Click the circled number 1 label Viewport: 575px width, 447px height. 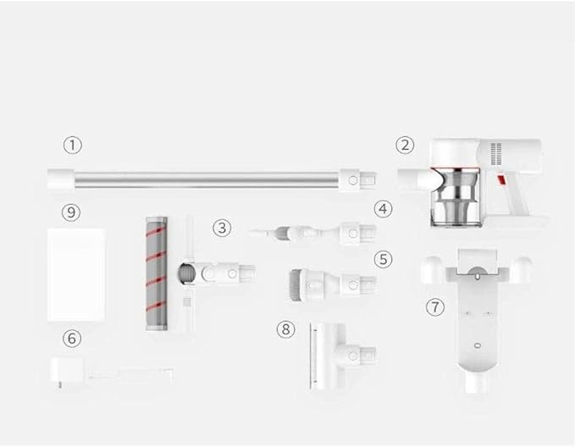(73, 146)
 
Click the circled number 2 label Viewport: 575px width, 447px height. (405, 146)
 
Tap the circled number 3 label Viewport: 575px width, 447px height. (222, 228)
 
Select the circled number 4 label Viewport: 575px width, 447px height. (383, 209)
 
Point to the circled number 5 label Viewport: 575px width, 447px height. (383, 259)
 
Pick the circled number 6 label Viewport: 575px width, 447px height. (72, 338)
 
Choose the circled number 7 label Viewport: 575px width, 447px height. (435, 306)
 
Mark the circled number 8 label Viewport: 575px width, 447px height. (285, 329)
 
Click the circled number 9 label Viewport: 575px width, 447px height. (71, 212)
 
